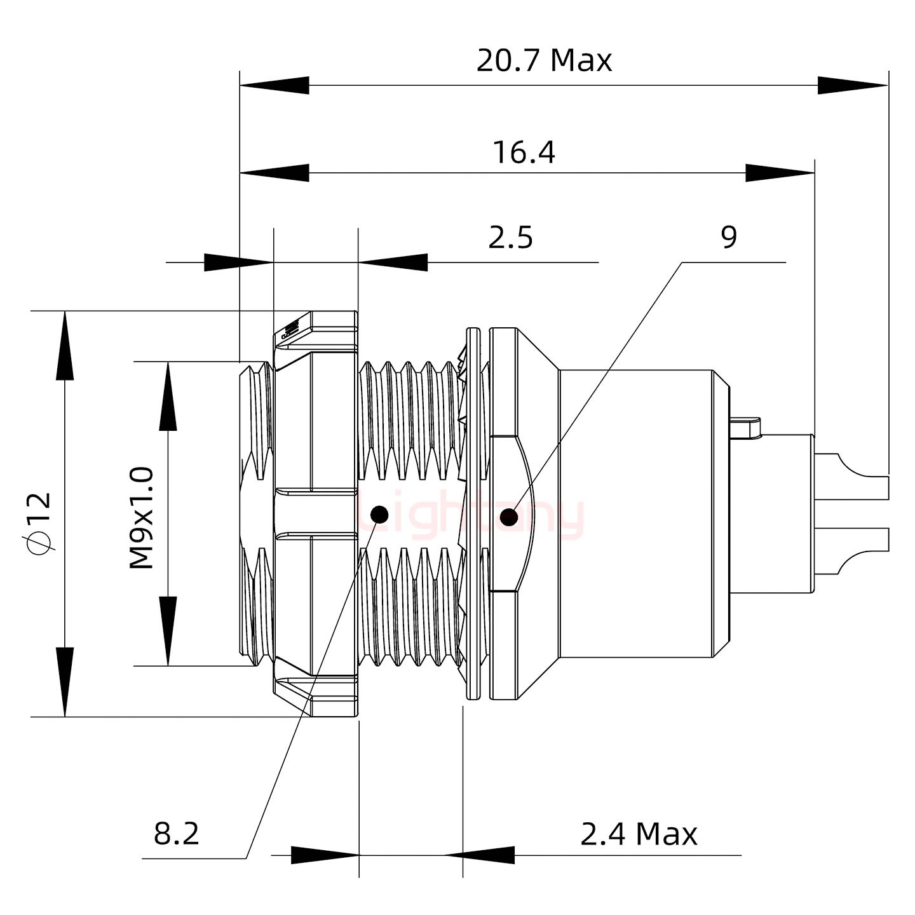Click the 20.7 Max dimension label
coord(544,61)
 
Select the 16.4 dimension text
coord(524,153)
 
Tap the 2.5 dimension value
coord(510,238)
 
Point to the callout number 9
coord(729,238)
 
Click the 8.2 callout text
coord(177,833)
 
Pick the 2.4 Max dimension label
coord(639,834)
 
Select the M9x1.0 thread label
coord(142,517)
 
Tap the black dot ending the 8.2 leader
coord(379,514)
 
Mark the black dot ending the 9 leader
coord(508,517)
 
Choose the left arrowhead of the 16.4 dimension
coord(274,172)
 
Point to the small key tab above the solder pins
coord(746,426)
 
